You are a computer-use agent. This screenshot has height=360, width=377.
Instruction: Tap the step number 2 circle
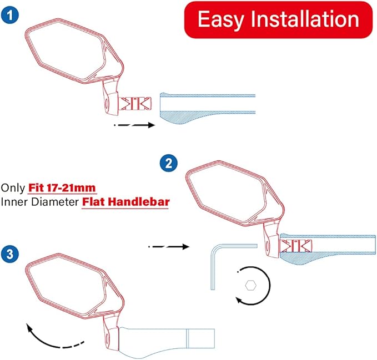168,164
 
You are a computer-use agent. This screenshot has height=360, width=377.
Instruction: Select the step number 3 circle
10,255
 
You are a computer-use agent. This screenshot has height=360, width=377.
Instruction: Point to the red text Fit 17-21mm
67,187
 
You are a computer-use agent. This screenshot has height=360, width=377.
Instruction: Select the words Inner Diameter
39,202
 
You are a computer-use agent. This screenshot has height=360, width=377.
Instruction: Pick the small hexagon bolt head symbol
250,286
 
